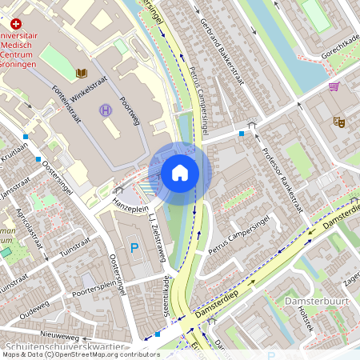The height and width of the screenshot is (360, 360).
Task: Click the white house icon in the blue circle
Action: point(180,173)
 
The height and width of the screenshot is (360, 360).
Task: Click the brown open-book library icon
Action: point(81,74)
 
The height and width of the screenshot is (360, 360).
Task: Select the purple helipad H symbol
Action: point(106,110)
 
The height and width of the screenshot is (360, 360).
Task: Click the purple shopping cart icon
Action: point(334,86)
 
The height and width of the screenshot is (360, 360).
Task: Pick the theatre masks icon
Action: point(339,122)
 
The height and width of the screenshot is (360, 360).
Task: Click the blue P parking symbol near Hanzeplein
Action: point(134,249)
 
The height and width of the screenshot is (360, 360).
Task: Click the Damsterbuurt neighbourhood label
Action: point(313,302)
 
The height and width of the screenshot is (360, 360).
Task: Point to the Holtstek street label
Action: point(326,323)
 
